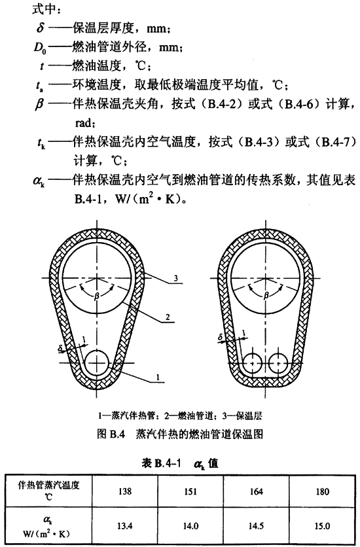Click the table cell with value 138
[x=125, y=491]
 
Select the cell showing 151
[x=190, y=491]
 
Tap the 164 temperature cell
[x=257, y=491]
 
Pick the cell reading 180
[x=322, y=491]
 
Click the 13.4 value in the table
[x=125, y=525]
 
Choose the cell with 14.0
[x=190, y=525]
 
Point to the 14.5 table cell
[x=257, y=525]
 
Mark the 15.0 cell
[x=322, y=525]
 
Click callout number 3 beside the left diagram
[x=176, y=278]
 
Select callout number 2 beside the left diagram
[x=168, y=317]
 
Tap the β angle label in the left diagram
[x=97, y=296]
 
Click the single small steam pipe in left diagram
[x=97, y=362]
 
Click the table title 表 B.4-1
[x=162, y=463]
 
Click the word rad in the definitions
[x=83, y=123]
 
